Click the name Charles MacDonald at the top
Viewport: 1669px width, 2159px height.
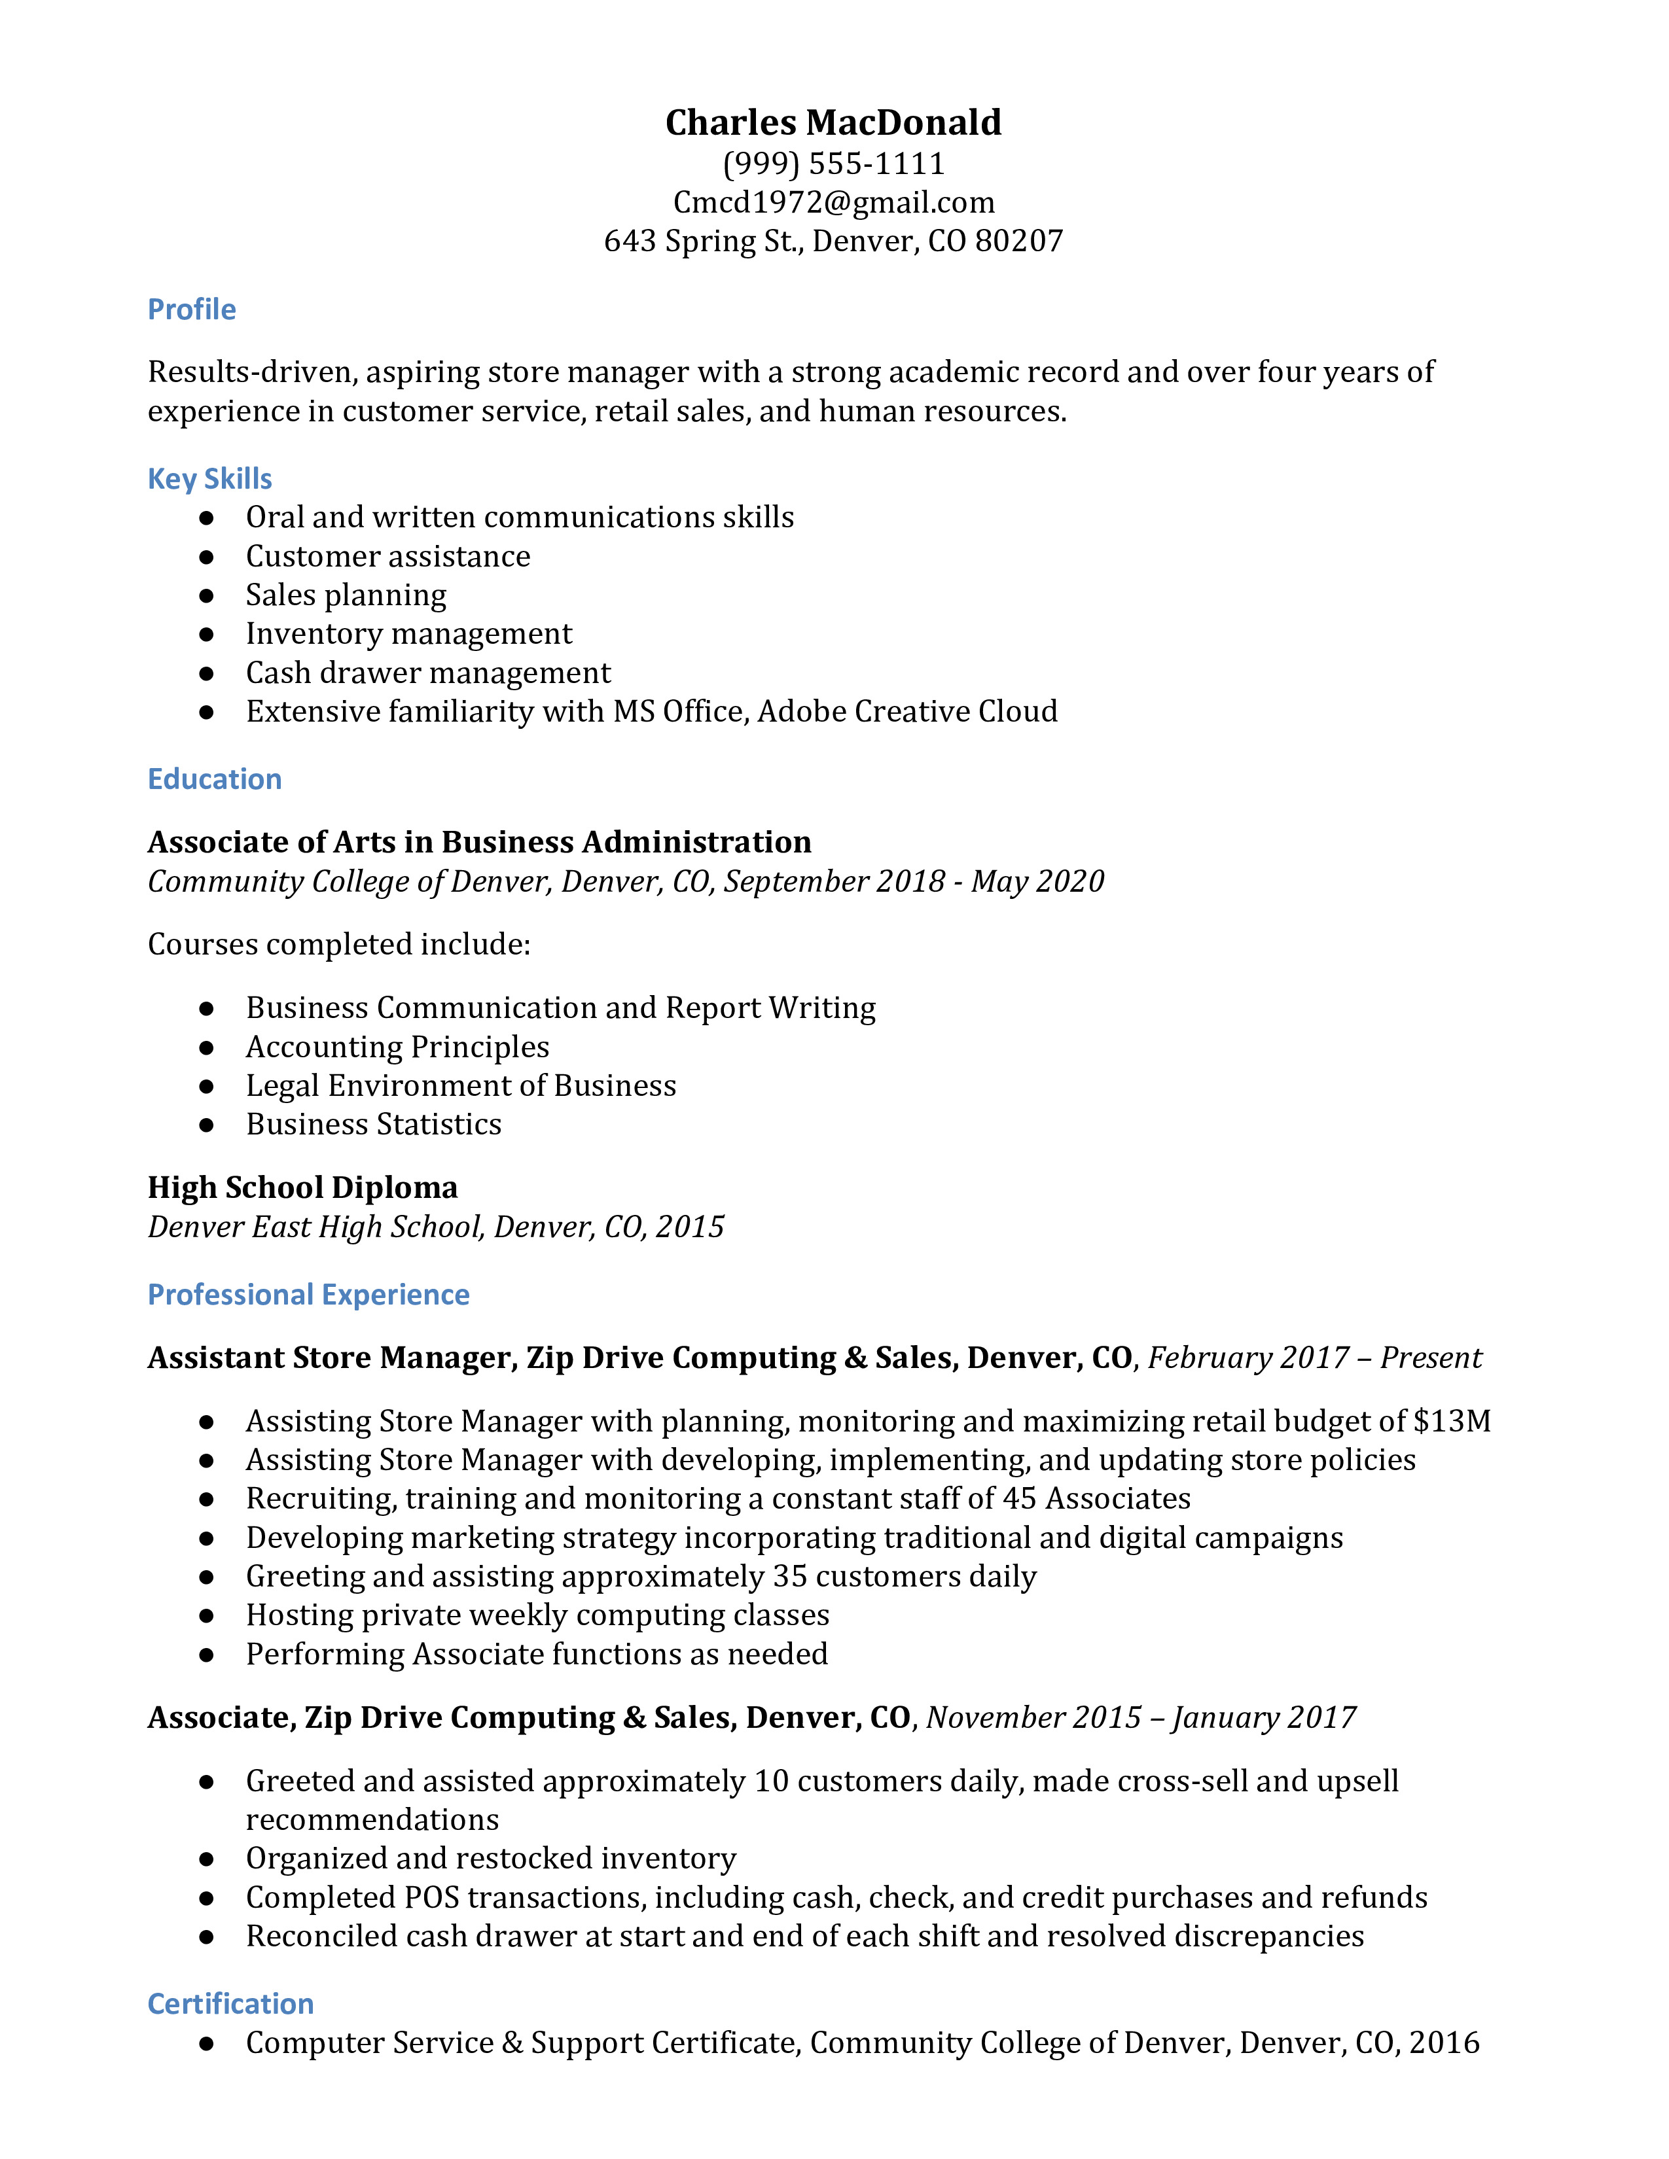pyautogui.click(x=833, y=122)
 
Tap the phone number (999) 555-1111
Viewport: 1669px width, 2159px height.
pyautogui.click(x=833, y=163)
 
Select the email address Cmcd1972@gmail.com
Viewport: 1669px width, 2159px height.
pyautogui.click(x=833, y=203)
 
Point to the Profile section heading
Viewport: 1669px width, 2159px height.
pyautogui.click(x=192, y=309)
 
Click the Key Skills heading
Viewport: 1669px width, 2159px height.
pyautogui.click(x=209, y=478)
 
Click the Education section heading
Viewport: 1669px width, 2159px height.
pyautogui.click(x=215, y=779)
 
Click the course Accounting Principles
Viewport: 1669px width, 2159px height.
pyautogui.click(x=397, y=1047)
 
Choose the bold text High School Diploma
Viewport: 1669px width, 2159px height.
pyautogui.click(x=302, y=1187)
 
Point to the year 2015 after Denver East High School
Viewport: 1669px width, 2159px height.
pyautogui.click(x=690, y=1227)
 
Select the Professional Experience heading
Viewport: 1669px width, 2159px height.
pyautogui.click(x=308, y=1294)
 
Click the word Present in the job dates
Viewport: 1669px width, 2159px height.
pyautogui.click(x=1431, y=1358)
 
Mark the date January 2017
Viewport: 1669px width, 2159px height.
pyautogui.click(x=1264, y=1717)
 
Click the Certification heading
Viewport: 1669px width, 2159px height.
pyautogui.click(x=230, y=2004)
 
